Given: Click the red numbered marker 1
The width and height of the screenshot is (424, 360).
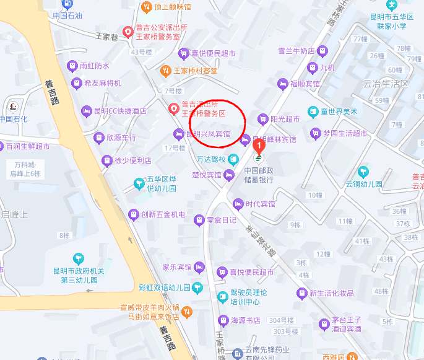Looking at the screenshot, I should pos(259,146).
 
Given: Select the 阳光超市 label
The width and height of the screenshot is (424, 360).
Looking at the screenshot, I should pos(285,118).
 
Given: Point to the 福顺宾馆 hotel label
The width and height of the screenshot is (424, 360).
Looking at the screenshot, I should pos(305,84).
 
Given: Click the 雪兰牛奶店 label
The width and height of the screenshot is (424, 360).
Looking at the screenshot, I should pos(296,51).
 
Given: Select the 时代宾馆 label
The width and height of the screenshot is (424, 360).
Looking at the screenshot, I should pos(260,204).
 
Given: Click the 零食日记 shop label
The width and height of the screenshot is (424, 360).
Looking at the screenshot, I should pos(221,220).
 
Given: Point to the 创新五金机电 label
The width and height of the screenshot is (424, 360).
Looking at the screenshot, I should pos(163,215).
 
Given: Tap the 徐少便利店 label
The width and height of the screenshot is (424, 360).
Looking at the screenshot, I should pos(132,161).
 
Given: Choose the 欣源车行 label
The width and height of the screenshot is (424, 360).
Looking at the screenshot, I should pos(120,138).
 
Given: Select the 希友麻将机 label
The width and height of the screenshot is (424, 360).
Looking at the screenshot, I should pos(103,83).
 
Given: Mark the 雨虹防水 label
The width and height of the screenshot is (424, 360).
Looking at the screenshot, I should pos(95,66).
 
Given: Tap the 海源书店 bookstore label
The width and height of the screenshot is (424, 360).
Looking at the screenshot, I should pos(245,320).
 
